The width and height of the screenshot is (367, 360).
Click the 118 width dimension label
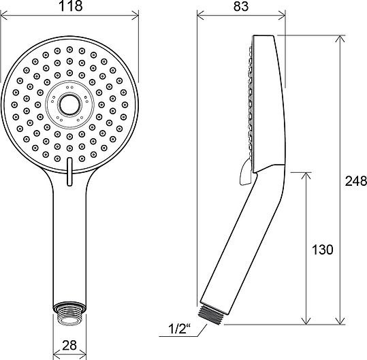pos(70,6)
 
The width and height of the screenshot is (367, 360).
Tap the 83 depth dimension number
pos(240,6)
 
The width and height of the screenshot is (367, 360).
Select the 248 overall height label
pos(356,181)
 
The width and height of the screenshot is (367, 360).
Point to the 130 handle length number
pos(322,249)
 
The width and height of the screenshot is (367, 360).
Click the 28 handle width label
pos(69,345)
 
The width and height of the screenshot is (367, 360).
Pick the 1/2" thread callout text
pos(179,329)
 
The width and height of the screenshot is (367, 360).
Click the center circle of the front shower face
pos(69,105)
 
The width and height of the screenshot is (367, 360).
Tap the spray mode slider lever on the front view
pos(69,171)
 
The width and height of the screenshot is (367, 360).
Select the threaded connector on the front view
pos(69,314)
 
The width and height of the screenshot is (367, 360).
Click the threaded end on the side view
pos(211,313)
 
